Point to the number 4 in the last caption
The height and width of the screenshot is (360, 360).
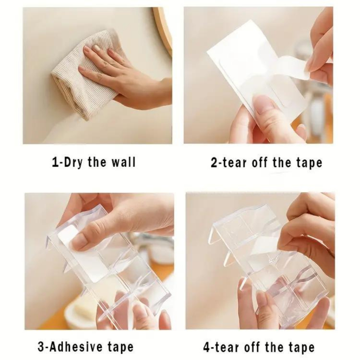pos(206,347)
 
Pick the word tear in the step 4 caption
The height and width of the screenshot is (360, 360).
pos(225,348)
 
